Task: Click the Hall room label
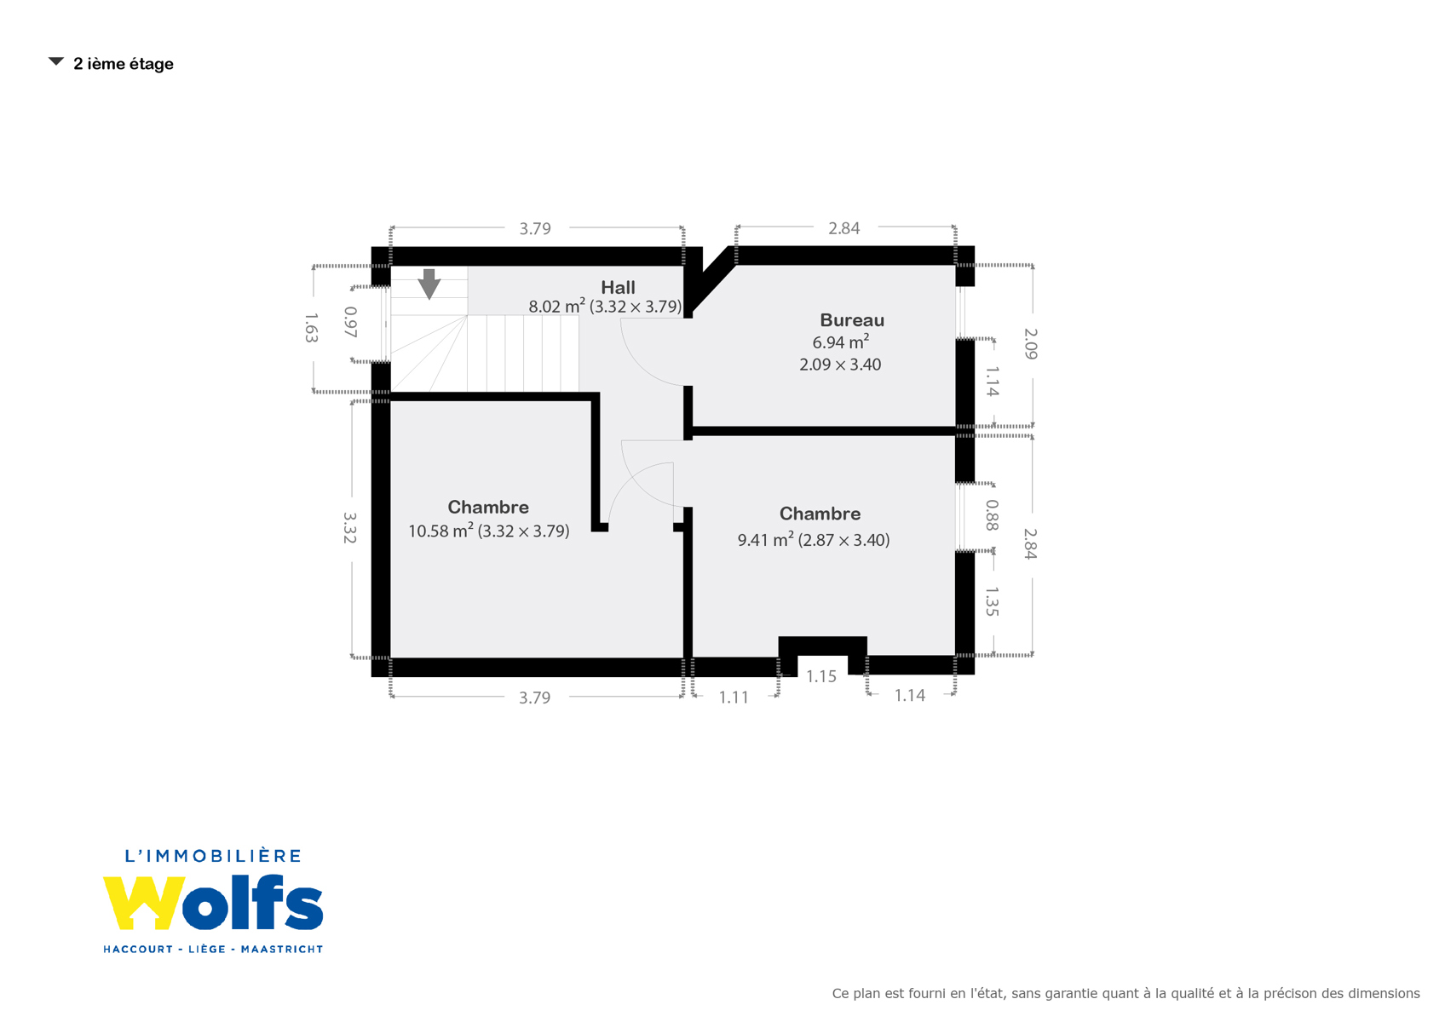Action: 618,288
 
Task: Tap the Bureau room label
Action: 851,320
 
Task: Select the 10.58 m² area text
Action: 440,531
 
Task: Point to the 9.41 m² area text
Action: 765,540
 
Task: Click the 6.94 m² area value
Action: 840,342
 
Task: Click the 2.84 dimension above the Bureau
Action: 843,228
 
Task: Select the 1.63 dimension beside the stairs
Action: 311,328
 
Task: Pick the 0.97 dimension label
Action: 350,322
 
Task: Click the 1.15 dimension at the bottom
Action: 820,676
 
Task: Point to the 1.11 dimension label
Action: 734,697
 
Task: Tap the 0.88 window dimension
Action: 992,515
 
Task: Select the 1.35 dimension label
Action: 992,601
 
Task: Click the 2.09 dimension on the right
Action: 1031,344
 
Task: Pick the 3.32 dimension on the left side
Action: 349,528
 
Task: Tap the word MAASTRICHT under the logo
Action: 281,949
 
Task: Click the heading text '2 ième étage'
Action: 124,64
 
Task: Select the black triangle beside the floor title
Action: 56,62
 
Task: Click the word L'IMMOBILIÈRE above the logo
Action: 213,856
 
